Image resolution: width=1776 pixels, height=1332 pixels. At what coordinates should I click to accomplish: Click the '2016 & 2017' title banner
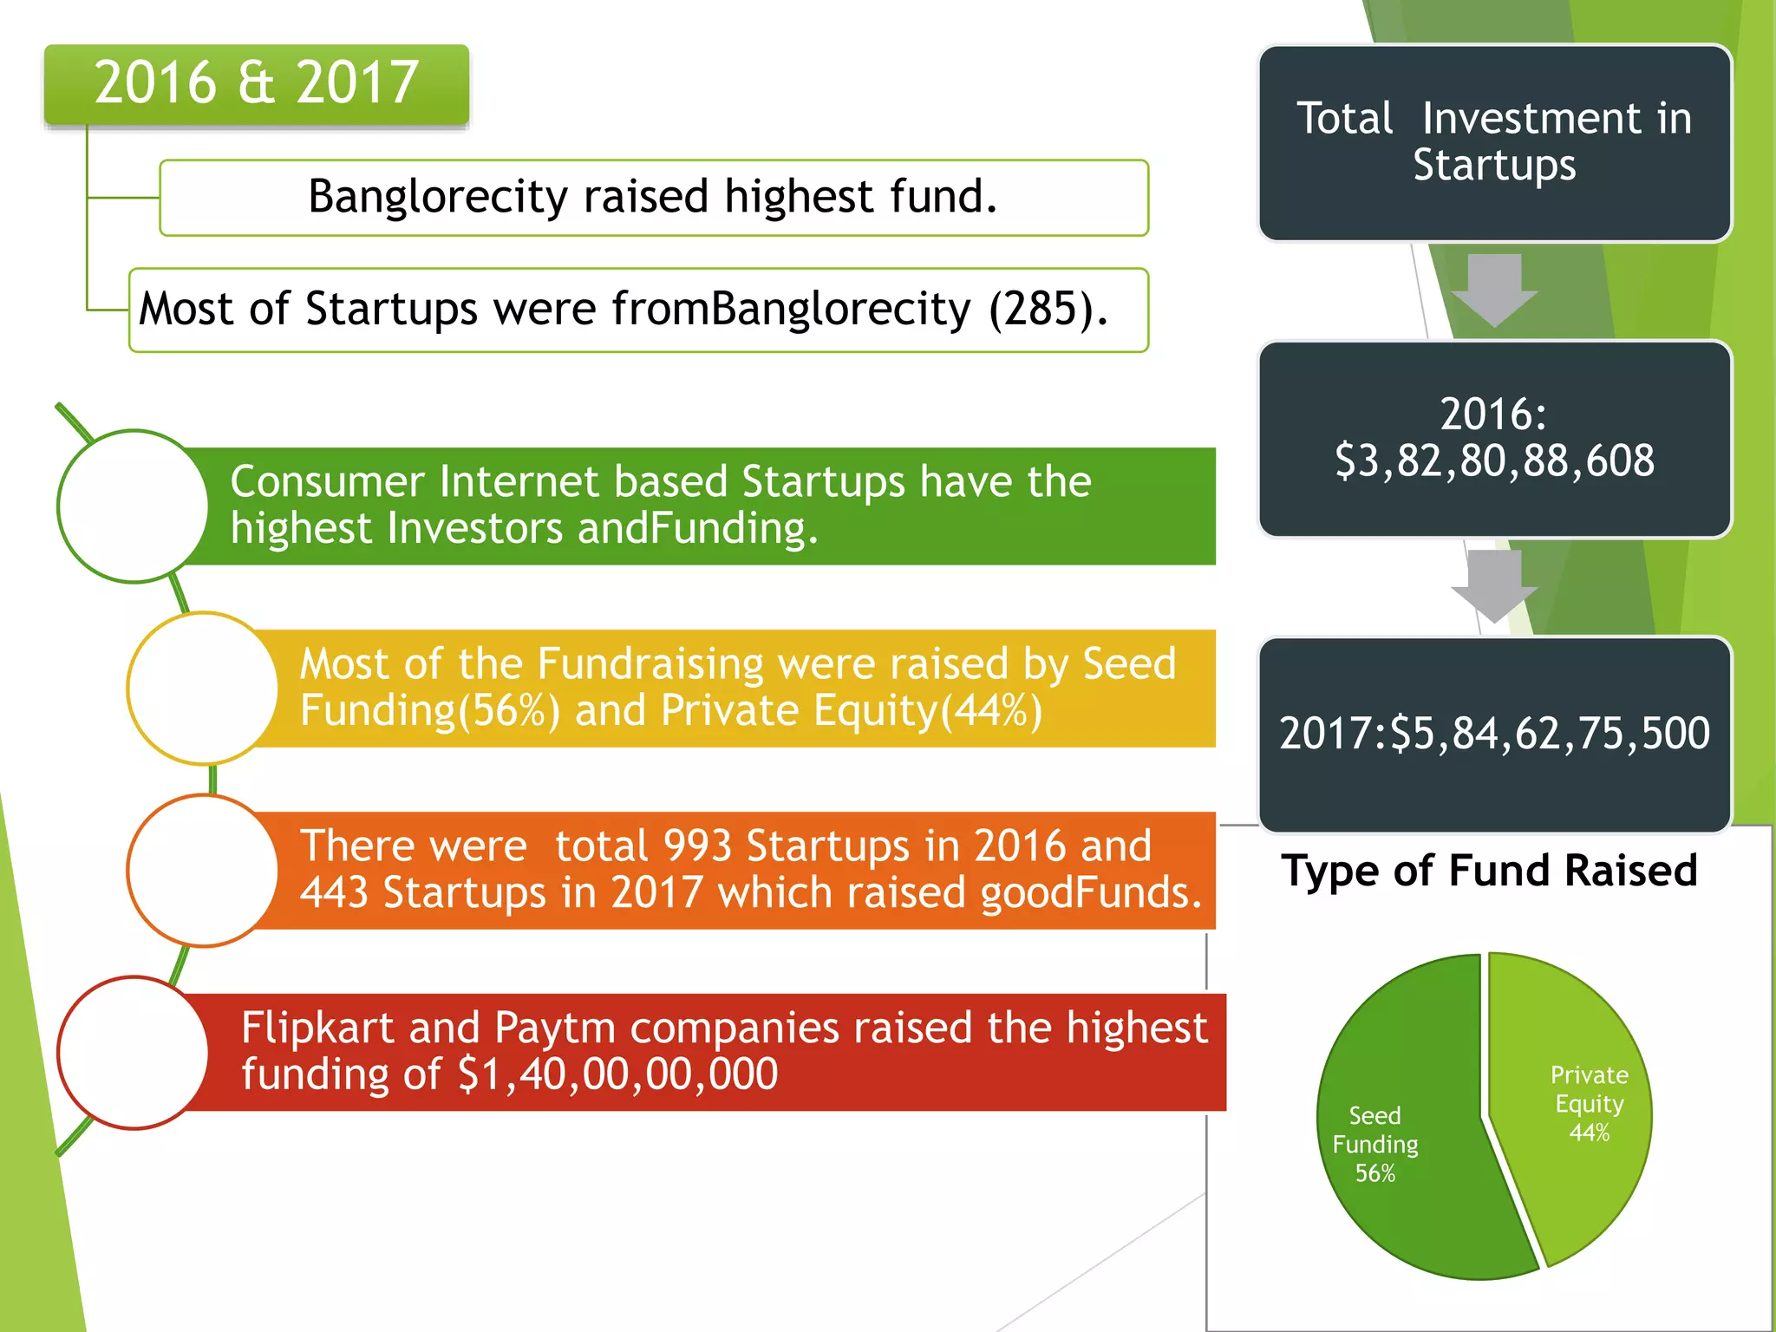click(x=257, y=84)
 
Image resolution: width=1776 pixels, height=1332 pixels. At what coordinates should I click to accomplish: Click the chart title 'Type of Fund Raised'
click(x=1489, y=871)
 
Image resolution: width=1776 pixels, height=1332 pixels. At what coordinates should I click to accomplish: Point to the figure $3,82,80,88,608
click(x=1494, y=460)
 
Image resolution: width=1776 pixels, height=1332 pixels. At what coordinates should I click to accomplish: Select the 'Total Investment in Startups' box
click(x=1494, y=142)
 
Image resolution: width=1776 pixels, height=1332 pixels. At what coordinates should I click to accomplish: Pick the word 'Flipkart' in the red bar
click(x=317, y=1028)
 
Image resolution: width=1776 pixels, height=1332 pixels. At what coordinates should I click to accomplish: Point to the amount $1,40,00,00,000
click(x=617, y=1074)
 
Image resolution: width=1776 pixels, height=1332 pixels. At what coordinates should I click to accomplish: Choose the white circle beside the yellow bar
click(x=203, y=689)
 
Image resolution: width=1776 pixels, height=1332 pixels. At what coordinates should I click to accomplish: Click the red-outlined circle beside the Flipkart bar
click(x=134, y=1053)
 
